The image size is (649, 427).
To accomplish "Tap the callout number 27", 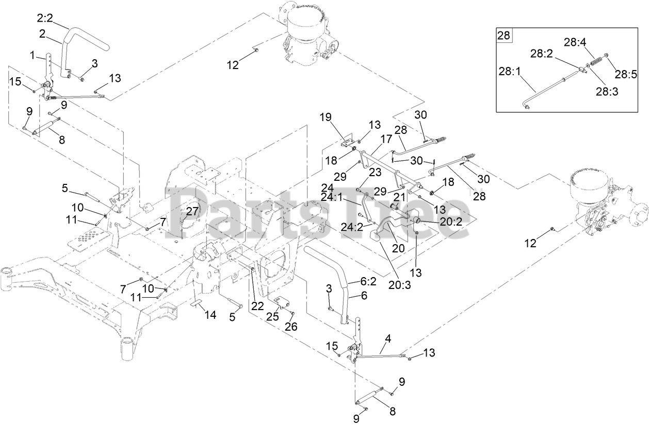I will coord(192,211).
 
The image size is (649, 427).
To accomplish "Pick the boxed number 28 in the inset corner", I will coord(504,36).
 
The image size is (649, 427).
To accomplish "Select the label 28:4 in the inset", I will coord(574,43).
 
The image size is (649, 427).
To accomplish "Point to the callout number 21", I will coord(399,197).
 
